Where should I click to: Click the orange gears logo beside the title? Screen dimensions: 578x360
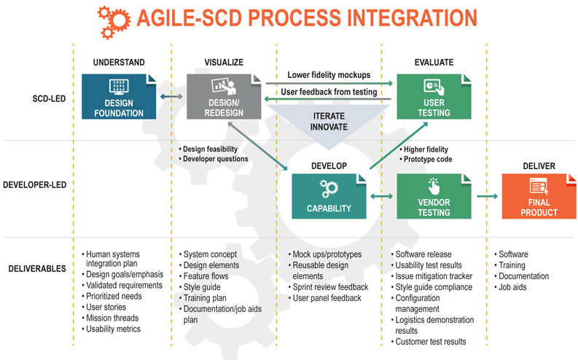114,22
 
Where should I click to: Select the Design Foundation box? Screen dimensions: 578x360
119,96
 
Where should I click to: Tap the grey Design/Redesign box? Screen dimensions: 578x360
224,96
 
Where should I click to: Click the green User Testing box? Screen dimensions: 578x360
434,96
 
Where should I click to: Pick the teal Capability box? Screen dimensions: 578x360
329,196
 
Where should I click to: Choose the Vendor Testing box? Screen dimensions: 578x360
434,196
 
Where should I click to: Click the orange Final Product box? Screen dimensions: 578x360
539,196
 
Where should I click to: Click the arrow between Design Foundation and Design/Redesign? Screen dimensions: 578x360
171,96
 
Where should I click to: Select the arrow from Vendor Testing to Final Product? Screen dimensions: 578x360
488,196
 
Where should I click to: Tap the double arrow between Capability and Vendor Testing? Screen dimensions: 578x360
381,196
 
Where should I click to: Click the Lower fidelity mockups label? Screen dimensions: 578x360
329,75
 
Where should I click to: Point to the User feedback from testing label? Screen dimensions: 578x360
329,92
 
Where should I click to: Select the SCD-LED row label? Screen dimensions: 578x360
49,99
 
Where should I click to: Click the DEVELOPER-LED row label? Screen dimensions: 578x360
35,184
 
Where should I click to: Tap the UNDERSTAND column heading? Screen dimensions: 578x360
119,62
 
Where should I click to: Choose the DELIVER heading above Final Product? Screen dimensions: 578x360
539,166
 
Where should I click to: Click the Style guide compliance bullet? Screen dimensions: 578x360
431,287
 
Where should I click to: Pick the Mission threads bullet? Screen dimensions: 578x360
110,318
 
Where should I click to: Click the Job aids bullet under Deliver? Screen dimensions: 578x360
510,287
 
